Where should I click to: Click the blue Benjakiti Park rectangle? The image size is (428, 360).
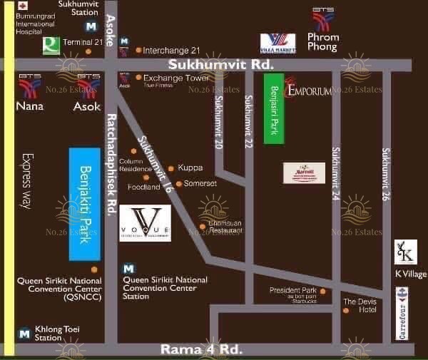[x=84, y=204]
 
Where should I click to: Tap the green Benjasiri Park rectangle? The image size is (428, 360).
[x=274, y=106]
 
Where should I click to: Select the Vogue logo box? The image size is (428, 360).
[x=145, y=223]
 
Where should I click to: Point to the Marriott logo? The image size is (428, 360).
[x=305, y=173]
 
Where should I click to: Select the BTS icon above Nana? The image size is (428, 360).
[x=29, y=85]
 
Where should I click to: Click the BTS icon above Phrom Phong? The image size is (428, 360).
[x=323, y=19]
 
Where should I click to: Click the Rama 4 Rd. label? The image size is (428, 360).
[x=202, y=349]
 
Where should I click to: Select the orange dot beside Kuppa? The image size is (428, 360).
[x=171, y=168]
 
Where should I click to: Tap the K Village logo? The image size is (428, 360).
[x=405, y=252]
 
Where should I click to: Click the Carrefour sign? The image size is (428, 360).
[x=402, y=313]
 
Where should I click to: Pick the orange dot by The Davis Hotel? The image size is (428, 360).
[x=346, y=310]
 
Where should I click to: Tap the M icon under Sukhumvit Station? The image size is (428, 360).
[x=91, y=27]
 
